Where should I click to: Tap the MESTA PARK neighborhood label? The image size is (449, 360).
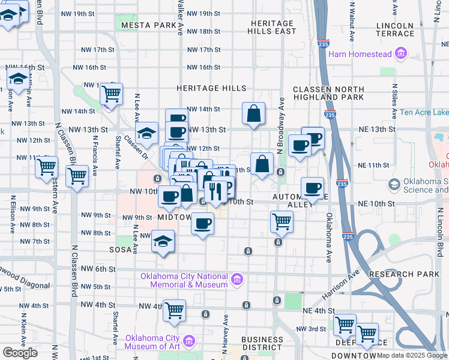click(147, 26)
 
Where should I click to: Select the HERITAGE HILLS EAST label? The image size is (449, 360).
click(273, 26)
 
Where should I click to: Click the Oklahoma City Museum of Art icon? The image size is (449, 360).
click(190, 341)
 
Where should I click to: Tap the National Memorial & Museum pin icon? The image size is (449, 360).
click(237, 279)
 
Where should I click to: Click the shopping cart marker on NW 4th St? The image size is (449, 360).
click(174, 310)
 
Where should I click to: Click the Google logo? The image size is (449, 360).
click(20, 353)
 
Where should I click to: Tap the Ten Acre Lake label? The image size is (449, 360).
click(423, 112)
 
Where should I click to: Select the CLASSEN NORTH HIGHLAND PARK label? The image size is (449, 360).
click(328, 93)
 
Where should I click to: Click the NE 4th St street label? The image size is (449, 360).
click(318, 310)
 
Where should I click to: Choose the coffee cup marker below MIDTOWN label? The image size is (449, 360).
click(202, 224)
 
